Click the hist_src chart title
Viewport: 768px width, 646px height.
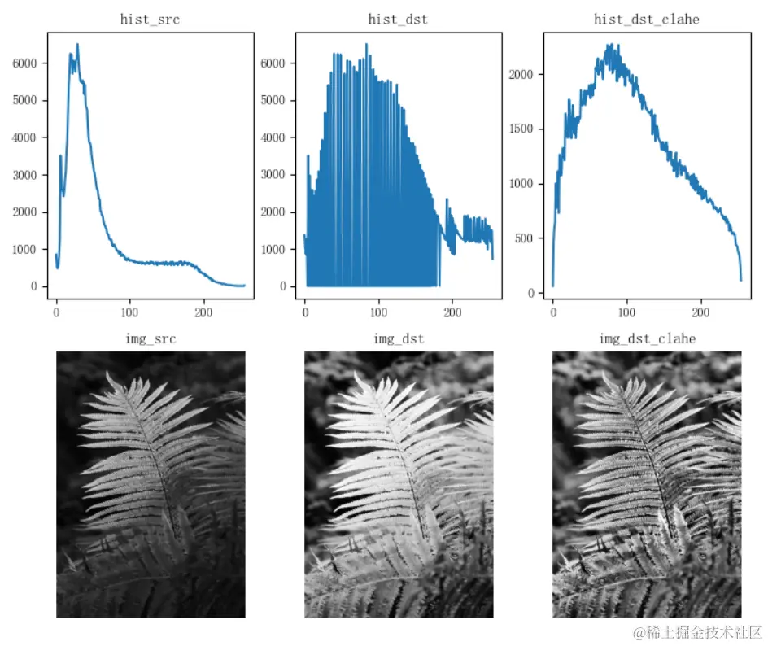coord(151,19)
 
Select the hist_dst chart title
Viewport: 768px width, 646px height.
coord(399,19)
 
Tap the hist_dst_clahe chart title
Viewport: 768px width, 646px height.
coord(647,19)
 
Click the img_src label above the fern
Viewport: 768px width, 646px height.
coord(151,338)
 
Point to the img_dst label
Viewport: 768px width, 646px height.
coord(399,338)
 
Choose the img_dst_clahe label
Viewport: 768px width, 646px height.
coord(647,338)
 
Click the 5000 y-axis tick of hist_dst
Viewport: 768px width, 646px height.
coord(276,101)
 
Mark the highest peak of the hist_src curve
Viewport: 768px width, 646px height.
coord(77,44)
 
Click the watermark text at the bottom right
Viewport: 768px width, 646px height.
coord(698,632)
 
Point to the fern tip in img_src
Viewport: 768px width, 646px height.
coord(108,374)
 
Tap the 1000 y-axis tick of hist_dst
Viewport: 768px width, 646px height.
coord(276,249)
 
